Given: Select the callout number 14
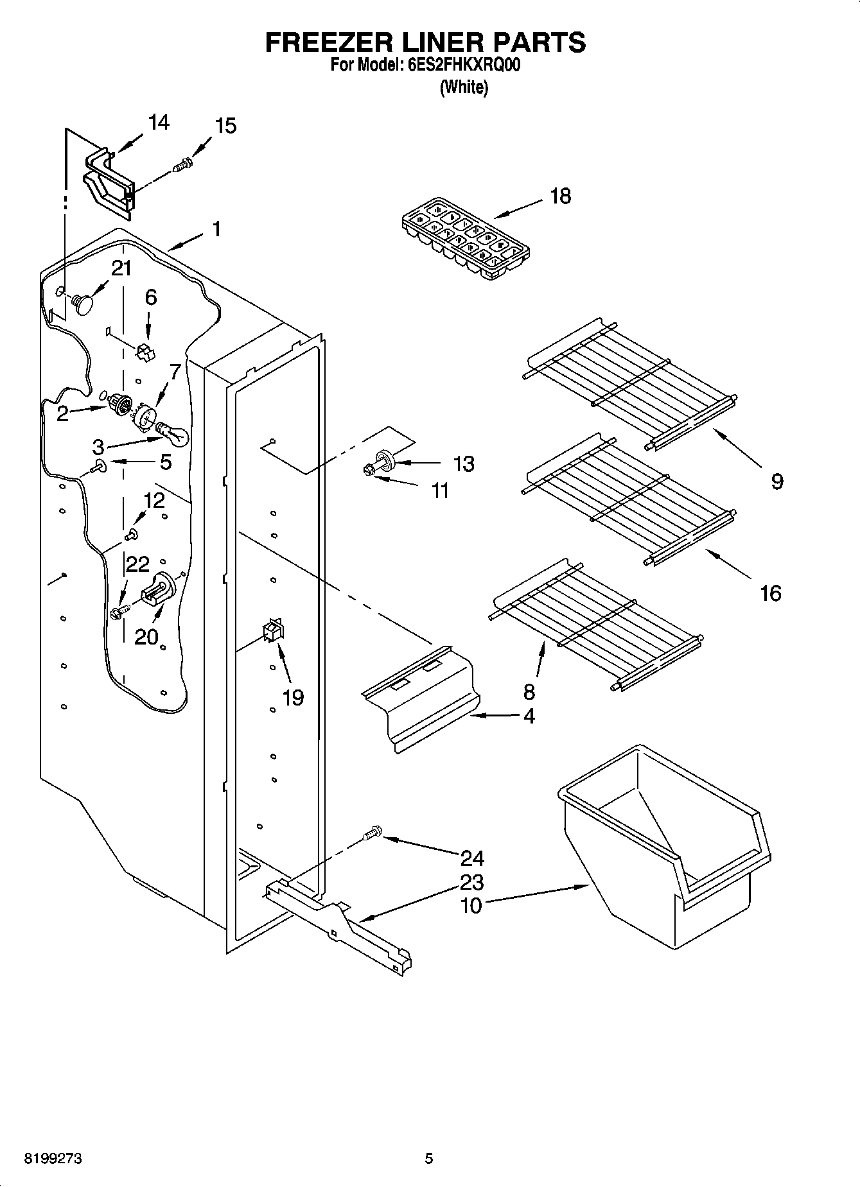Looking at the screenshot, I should [159, 122].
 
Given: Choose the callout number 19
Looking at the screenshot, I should [293, 697].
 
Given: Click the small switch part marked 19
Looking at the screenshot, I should [272, 631].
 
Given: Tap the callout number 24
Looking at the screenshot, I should [472, 858].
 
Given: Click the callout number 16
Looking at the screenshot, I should [771, 593].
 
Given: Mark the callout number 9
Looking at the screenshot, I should [777, 481].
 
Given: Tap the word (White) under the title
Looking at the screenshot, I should [464, 87].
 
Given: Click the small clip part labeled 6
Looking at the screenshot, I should [146, 351].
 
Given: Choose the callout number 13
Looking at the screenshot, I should [463, 464].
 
